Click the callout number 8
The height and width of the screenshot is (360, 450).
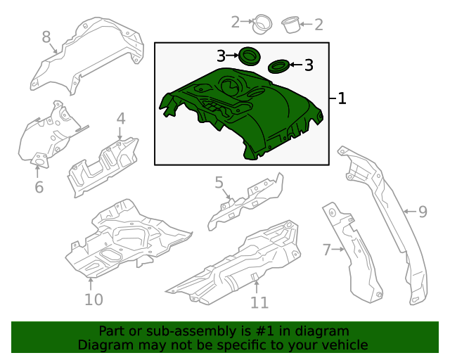coord(46,37)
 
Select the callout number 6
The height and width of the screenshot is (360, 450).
coord(39,187)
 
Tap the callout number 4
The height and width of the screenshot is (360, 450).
coord(121,118)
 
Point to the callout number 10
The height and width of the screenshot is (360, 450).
coord(94,300)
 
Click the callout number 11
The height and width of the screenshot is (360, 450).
coord(259,302)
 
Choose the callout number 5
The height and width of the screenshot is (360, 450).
coord(219,184)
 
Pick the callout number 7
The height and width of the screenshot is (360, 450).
coord(326,249)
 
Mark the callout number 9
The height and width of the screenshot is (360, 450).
coord(423,211)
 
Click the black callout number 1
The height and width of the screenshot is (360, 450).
coord(342,98)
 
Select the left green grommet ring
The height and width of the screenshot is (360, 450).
coord(247,55)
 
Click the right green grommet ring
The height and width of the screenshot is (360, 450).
coord(278,67)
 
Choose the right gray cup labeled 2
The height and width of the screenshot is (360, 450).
coord(290,25)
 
